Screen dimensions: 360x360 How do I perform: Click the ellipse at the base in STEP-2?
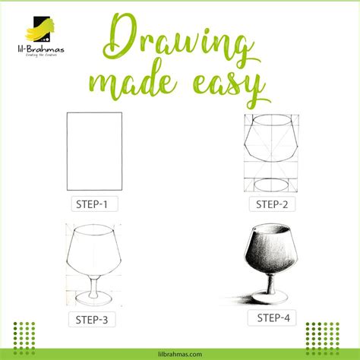pyautogui.click(x=270, y=184)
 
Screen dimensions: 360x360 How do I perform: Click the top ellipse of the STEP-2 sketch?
pyautogui.click(x=270, y=122)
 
